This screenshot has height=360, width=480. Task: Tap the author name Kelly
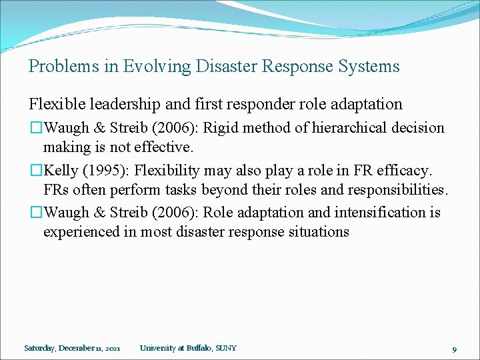click(x=60, y=171)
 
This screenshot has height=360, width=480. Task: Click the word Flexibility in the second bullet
click(x=158, y=171)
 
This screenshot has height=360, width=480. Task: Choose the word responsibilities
click(x=393, y=189)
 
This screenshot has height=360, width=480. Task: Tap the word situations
click(x=319, y=232)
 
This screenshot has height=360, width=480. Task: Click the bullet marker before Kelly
click(x=35, y=171)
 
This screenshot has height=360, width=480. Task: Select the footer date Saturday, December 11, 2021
click(x=72, y=348)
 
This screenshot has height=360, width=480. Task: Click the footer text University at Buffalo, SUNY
click(x=188, y=348)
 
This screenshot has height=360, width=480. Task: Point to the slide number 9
click(x=454, y=349)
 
